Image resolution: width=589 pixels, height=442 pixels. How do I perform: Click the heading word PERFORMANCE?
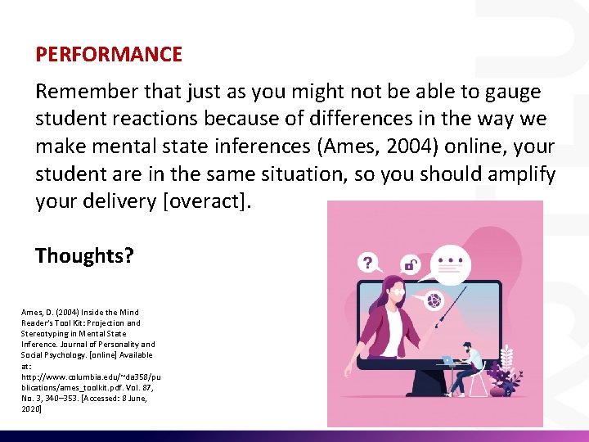click(x=109, y=55)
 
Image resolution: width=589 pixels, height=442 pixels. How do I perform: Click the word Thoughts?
click(x=84, y=255)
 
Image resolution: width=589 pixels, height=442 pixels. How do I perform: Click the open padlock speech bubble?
click(x=411, y=264)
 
